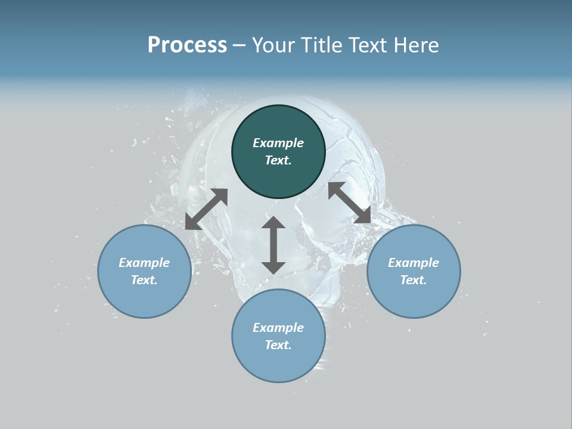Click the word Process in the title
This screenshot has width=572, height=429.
coord(187,45)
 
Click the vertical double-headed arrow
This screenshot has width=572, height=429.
coord(273,245)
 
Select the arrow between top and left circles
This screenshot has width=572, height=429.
coord(206,209)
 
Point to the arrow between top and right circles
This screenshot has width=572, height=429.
coord(349,203)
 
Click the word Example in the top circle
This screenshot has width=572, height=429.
coord(278,143)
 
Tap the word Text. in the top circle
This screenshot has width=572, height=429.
coord(278,160)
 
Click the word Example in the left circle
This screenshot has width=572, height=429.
coord(144,263)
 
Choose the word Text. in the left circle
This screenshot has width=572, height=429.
coord(144,280)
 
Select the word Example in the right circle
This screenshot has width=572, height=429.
coord(414,263)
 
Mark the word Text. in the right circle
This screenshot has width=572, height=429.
coord(414,280)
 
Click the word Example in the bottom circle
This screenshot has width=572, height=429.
coord(278,328)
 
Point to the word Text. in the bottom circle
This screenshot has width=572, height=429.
coord(278,345)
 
